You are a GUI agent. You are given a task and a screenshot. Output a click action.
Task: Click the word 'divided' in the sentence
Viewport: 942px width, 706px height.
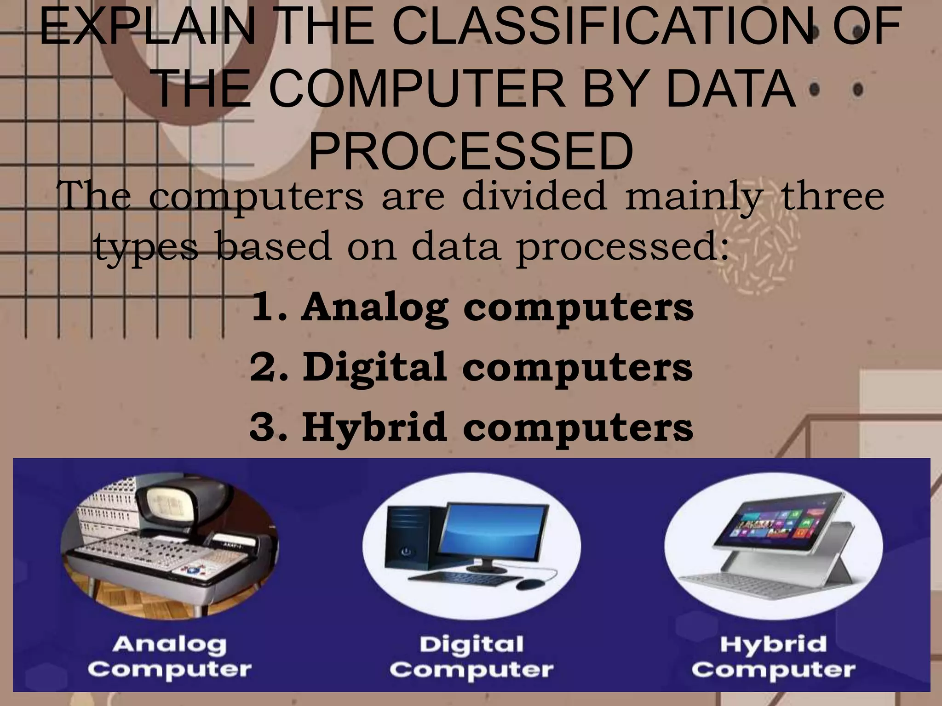click(x=534, y=197)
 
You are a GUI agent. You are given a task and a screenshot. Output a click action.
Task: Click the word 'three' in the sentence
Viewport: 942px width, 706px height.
click(x=833, y=197)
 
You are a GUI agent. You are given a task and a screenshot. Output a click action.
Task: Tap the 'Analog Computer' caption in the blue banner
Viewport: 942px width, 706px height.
click(x=169, y=657)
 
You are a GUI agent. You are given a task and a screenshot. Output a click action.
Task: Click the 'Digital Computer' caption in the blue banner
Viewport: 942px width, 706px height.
click(x=471, y=657)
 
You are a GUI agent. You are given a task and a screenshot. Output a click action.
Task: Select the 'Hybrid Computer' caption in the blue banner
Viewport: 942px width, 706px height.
click(x=773, y=657)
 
